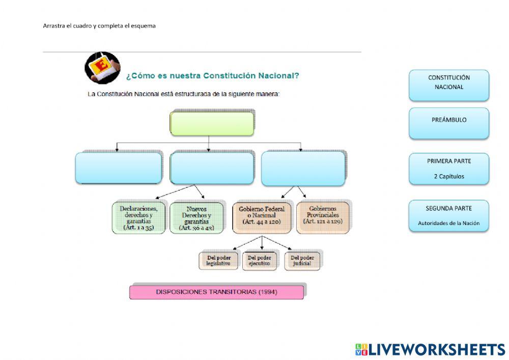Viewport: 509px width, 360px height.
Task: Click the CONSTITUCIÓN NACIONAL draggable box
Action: pyautogui.click(x=448, y=86)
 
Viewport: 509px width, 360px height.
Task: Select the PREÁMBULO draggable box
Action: pyautogui.click(x=448, y=123)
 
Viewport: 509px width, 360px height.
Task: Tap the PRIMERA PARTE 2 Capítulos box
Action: pyautogui.click(x=448, y=169)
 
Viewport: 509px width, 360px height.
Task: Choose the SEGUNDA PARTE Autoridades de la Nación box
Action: pyautogui.click(x=448, y=215)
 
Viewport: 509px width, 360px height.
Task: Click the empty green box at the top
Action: pyautogui.click(x=212, y=124)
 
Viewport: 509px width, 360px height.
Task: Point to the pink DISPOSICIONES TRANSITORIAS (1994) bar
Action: pyautogui.click(x=216, y=292)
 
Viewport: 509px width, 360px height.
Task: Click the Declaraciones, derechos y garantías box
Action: pyautogui.click(x=138, y=218)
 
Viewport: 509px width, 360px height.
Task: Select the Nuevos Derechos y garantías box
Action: pyautogui.click(x=196, y=218)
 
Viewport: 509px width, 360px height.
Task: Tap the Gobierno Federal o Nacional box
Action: pyautogui.click(x=262, y=218)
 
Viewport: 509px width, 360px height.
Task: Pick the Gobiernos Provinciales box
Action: pyautogui.click(x=323, y=218)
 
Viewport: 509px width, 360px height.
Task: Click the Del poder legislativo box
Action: pyautogui.click(x=218, y=261)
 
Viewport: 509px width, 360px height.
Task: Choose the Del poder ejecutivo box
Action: pyautogui.click(x=260, y=261)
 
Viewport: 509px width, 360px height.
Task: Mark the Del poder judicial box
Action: pyautogui.click(x=302, y=261)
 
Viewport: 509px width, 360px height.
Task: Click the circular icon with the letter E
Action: pyautogui.click(x=103, y=68)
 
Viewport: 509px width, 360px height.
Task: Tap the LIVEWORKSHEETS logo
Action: pyautogui.click(x=430, y=350)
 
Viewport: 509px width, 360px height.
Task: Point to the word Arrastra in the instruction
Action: pyautogui.click(x=54, y=26)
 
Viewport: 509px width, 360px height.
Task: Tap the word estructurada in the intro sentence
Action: pyautogui.click(x=192, y=94)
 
